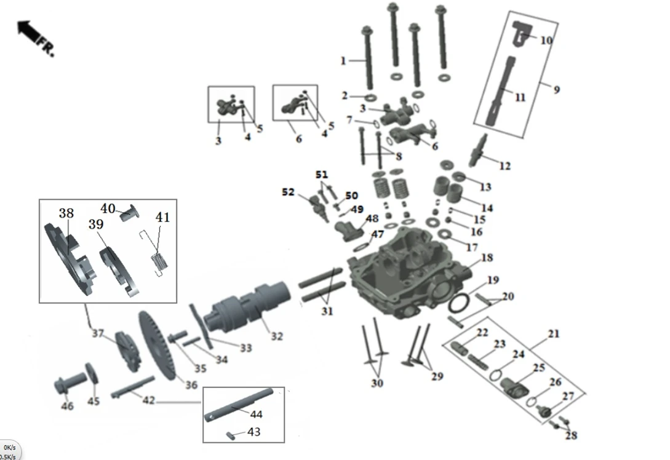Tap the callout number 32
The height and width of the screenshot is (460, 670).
(x=277, y=336)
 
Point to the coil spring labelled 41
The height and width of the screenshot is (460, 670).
(x=159, y=261)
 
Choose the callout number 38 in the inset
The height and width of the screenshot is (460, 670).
(x=66, y=213)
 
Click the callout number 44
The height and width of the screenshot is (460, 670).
(x=255, y=414)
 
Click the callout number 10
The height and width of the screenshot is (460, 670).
(x=546, y=41)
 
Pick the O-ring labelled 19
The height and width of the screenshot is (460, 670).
(x=460, y=302)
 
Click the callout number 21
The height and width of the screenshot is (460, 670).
(x=554, y=334)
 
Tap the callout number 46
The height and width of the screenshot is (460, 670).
(x=67, y=406)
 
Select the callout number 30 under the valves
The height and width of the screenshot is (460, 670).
(x=377, y=383)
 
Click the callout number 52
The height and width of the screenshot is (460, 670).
(x=288, y=192)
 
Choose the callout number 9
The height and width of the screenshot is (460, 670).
(x=556, y=90)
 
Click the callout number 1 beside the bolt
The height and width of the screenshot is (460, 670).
(x=343, y=60)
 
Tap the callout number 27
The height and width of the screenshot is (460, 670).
(x=568, y=397)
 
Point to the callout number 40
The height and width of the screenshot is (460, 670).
(x=108, y=208)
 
